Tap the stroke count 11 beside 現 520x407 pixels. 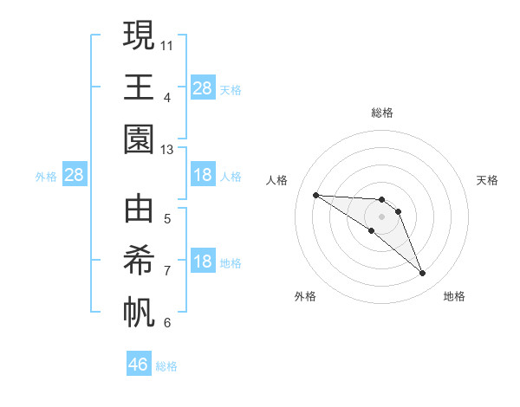(167, 43)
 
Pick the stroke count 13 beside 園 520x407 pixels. (167, 150)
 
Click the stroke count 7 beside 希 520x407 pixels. (167, 270)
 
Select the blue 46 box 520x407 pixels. (139, 365)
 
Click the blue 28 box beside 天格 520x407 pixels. (202, 88)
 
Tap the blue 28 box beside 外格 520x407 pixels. (75, 176)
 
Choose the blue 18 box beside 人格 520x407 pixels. (202, 175)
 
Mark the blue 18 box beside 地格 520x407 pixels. (202, 262)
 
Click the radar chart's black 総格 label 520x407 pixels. (382, 113)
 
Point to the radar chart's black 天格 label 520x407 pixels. (487, 180)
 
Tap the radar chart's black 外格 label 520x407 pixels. (305, 296)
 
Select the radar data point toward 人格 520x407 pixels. (315, 195)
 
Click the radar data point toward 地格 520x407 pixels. (422, 274)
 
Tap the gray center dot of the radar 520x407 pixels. (382, 216)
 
